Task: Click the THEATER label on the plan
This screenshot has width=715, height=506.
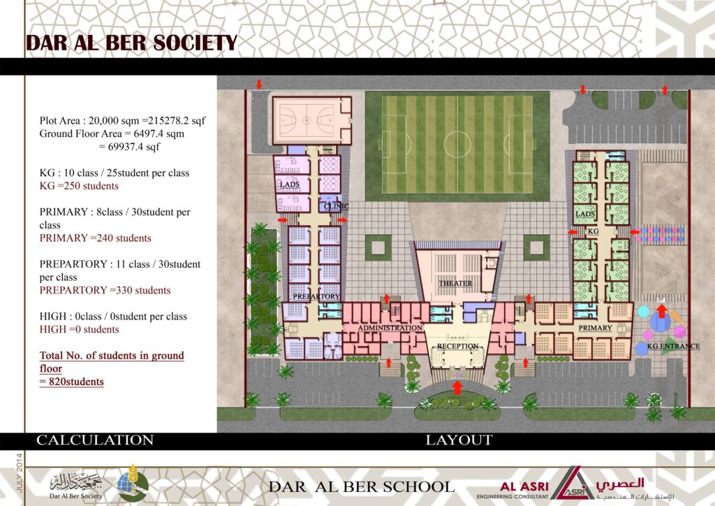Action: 455,283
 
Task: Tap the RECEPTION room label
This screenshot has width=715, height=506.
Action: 458,347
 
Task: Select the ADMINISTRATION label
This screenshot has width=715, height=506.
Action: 390,328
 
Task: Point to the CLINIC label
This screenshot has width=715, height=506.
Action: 336,206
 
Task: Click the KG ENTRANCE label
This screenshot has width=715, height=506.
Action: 674,347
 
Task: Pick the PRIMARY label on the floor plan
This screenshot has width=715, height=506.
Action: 595,328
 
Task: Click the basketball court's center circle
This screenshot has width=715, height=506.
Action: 307,120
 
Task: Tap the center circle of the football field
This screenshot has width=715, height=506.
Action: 457,144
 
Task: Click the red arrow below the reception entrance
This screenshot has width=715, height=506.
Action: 457,387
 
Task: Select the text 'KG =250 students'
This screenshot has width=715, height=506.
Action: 79,186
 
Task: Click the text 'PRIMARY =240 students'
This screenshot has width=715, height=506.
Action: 95,238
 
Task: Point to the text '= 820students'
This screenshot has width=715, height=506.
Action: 72,382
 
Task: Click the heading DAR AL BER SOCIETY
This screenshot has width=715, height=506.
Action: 132,43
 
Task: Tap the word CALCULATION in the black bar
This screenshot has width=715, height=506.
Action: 95,440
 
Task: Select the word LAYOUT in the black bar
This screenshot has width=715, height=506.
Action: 459,440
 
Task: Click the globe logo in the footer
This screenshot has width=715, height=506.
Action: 133,484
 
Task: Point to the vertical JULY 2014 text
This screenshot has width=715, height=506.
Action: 19,472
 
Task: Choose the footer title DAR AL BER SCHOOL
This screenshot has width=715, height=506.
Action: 361,487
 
